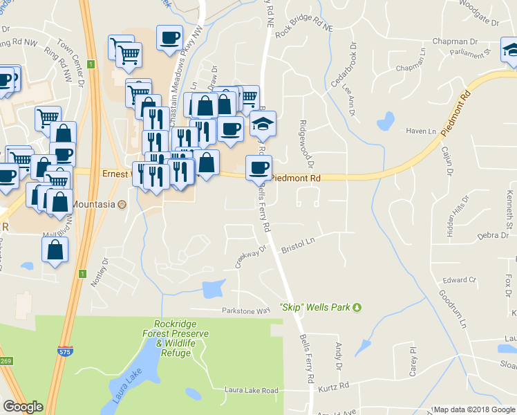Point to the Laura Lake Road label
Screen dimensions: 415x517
click(251, 390)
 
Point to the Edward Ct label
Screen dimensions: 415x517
click(460, 280)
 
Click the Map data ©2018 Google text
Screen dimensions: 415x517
click(473, 409)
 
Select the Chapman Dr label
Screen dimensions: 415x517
click(455, 41)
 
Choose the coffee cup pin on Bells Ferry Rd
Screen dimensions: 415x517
click(259, 167)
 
